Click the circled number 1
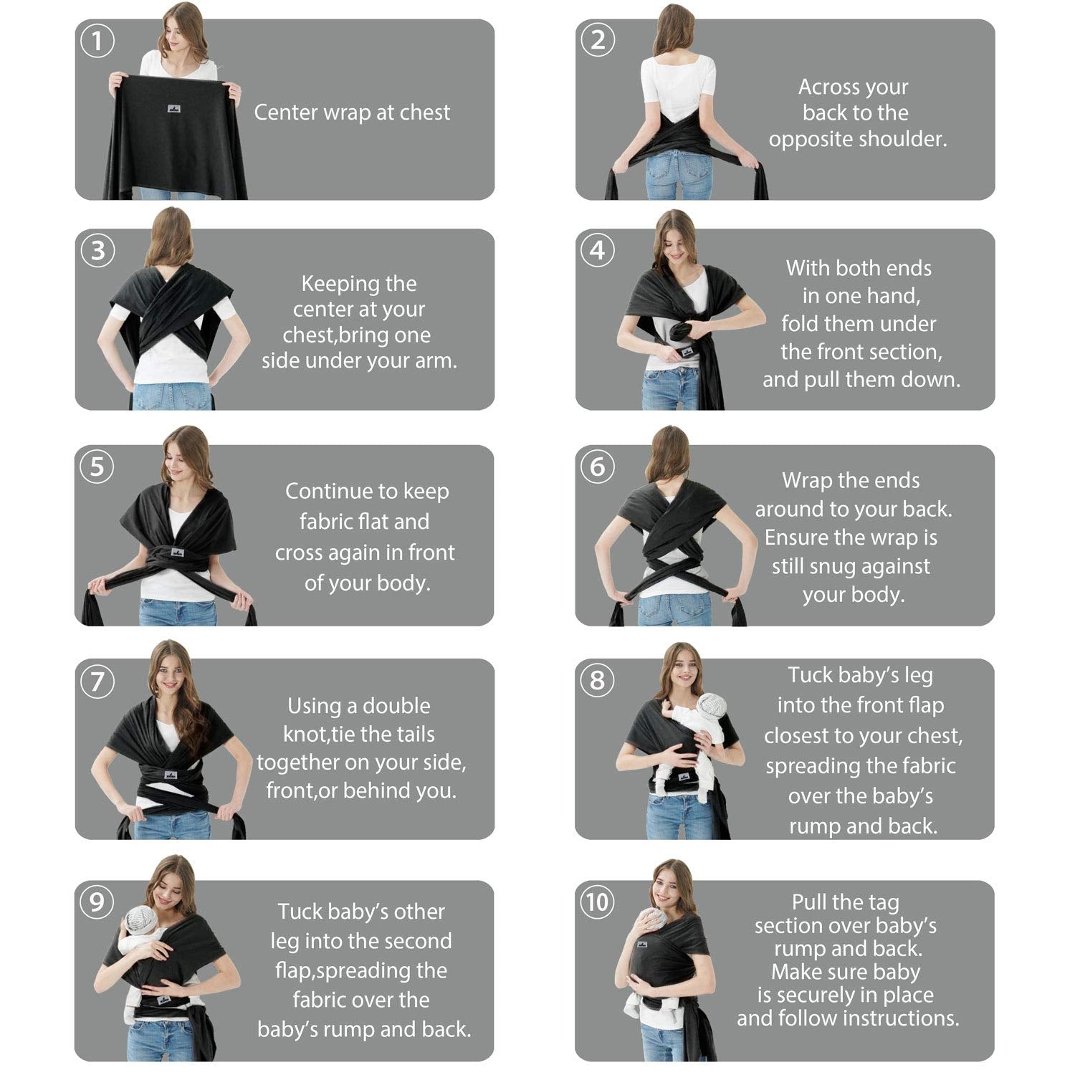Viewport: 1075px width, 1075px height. [97, 41]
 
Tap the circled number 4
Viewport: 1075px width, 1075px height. [597, 250]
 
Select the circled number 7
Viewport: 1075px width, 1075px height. [97, 680]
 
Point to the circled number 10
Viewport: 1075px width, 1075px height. [597, 901]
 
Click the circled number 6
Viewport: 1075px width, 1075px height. [597, 467]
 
